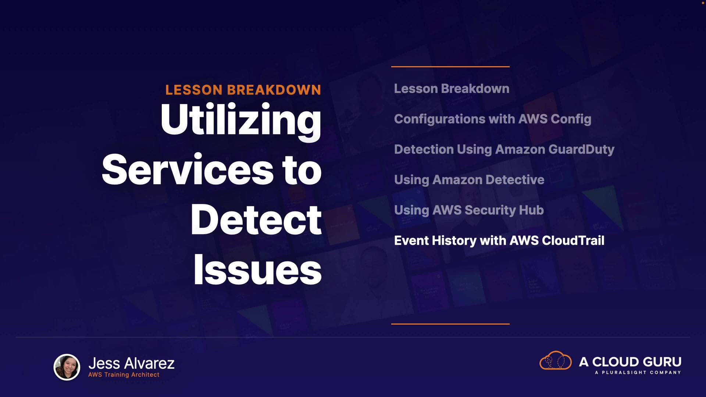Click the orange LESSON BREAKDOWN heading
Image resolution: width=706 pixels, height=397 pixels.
[x=243, y=90]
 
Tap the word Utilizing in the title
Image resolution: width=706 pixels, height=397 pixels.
[x=241, y=121]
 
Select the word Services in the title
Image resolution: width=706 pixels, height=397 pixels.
[x=188, y=170]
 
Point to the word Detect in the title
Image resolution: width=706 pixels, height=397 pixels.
[x=256, y=219]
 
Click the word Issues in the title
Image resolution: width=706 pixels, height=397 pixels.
[x=257, y=269]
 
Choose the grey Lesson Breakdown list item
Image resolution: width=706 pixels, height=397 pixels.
[x=452, y=89]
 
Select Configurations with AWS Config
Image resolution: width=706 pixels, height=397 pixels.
[x=493, y=119]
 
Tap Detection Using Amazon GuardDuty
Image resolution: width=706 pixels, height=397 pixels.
[x=504, y=150]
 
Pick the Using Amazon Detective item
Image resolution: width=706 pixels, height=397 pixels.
[x=469, y=180]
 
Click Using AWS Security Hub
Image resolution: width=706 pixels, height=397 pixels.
[x=469, y=210]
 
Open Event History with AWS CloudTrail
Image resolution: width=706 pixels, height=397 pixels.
[x=499, y=241]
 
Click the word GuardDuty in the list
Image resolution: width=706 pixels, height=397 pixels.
[x=581, y=150]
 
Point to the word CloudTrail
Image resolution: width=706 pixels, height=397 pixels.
[x=573, y=240]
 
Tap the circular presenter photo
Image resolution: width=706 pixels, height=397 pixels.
[x=67, y=367]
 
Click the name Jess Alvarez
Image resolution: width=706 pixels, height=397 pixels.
[x=131, y=363]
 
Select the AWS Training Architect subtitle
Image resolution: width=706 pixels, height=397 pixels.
[x=124, y=375]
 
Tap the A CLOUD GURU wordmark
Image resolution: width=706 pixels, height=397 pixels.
[x=630, y=362]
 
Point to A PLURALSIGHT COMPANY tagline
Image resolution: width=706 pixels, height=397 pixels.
[x=638, y=372]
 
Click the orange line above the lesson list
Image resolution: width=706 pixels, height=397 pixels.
[x=450, y=67]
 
